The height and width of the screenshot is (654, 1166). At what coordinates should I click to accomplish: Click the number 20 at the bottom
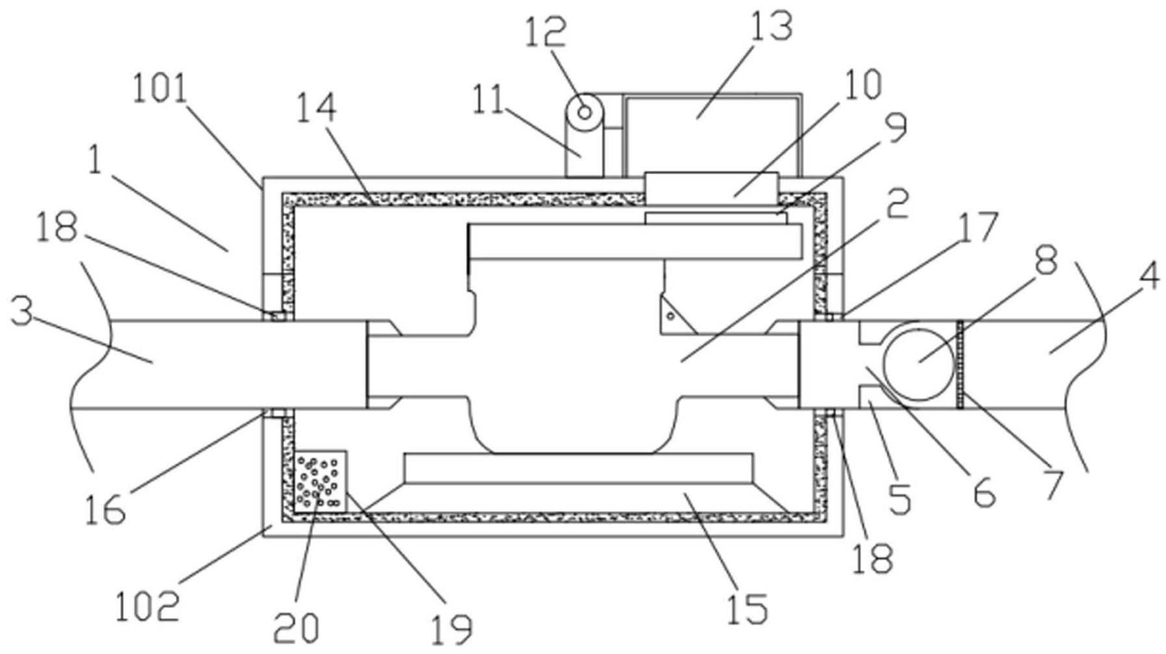point(296,627)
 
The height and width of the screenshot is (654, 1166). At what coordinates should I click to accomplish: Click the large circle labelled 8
point(919,361)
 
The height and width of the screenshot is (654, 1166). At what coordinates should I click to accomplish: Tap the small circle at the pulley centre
point(584,112)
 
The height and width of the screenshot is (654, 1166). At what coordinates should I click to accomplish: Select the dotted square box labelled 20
point(321,481)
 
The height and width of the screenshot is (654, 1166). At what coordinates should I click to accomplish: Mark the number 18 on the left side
point(58,228)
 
